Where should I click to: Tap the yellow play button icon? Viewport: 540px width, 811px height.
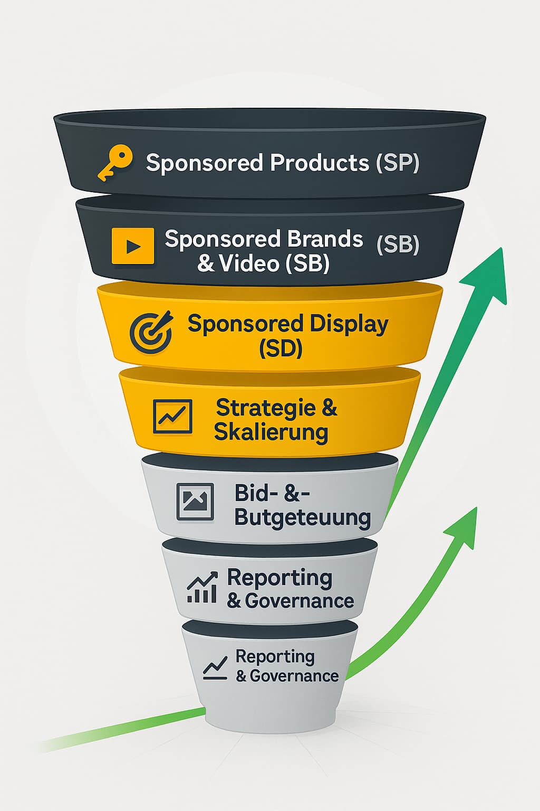point(133,246)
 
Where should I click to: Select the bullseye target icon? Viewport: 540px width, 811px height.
point(151,333)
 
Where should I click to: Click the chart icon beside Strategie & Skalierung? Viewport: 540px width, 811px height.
point(172,417)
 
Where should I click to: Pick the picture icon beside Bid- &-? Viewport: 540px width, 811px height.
point(195,502)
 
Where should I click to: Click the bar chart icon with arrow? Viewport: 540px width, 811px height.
point(202,588)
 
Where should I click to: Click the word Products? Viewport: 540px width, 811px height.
point(320,163)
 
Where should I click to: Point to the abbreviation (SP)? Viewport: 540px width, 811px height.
point(398,163)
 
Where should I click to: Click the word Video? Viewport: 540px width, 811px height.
point(249,263)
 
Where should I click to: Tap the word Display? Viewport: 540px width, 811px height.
point(349,324)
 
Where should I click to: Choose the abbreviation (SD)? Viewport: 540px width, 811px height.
point(281,348)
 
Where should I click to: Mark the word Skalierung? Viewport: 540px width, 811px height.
point(271,432)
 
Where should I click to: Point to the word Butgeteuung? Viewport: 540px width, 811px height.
point(302,517)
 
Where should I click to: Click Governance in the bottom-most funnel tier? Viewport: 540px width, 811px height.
point(294,676)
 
